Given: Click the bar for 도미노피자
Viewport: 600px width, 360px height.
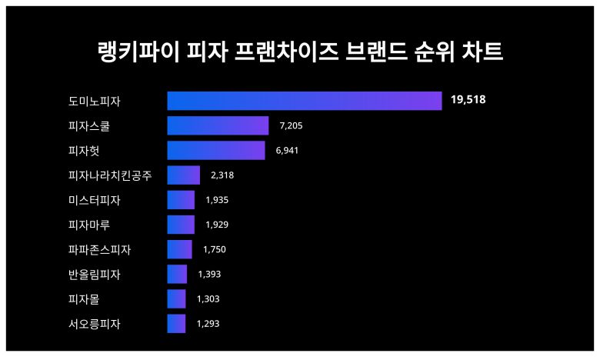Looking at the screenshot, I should [x=304, y=101].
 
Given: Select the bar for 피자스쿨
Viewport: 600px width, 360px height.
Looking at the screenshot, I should [x=218, y=125].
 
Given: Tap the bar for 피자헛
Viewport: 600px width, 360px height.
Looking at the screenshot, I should [x=216, y=150].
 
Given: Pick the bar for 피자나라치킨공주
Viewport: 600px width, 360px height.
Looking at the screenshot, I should [x=183, y=175].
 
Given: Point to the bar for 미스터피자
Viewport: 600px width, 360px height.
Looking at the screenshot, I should [x=181, y=200].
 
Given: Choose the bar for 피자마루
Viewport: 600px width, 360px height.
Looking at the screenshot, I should [x=181, y=225].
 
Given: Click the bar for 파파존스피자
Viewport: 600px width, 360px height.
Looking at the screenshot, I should [x=179, y=249].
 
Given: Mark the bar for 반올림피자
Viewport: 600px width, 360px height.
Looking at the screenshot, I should [x=177, y=274].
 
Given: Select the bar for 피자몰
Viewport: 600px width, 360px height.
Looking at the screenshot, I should [x=176, y=298].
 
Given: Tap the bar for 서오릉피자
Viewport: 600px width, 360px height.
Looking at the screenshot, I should [x=176, y=324].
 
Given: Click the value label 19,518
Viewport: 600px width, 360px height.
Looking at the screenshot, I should [x=468, y=100].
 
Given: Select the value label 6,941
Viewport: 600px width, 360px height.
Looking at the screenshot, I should [x=286, y=150].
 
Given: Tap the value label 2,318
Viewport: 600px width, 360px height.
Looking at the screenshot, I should [x=222, y=175].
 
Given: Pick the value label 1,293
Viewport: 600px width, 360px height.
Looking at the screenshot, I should [x=208, y=324].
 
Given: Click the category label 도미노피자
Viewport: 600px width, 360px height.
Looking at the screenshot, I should [x=94, y=101].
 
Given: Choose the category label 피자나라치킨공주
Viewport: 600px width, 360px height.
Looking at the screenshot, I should [x=109, y=175].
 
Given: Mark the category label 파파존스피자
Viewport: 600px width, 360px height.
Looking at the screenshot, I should [x=99, y=249].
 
